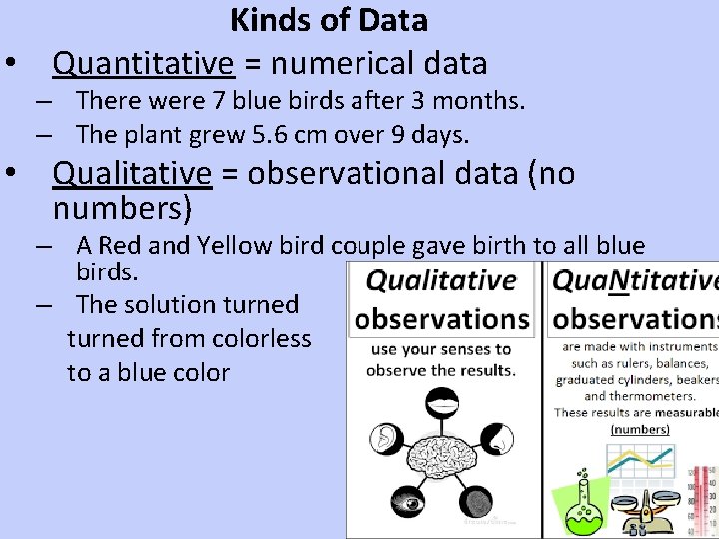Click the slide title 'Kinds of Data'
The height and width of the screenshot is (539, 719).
[329, 20]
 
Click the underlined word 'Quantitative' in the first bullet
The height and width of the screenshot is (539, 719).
[143, 64]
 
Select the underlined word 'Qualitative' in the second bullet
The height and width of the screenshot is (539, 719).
[132, 174]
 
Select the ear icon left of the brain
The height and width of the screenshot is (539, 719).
[385, 438]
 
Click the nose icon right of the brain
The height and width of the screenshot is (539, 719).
[498, 438]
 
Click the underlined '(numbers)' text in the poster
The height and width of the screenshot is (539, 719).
[640, 429]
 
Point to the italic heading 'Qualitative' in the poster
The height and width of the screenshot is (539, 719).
[441, 281]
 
